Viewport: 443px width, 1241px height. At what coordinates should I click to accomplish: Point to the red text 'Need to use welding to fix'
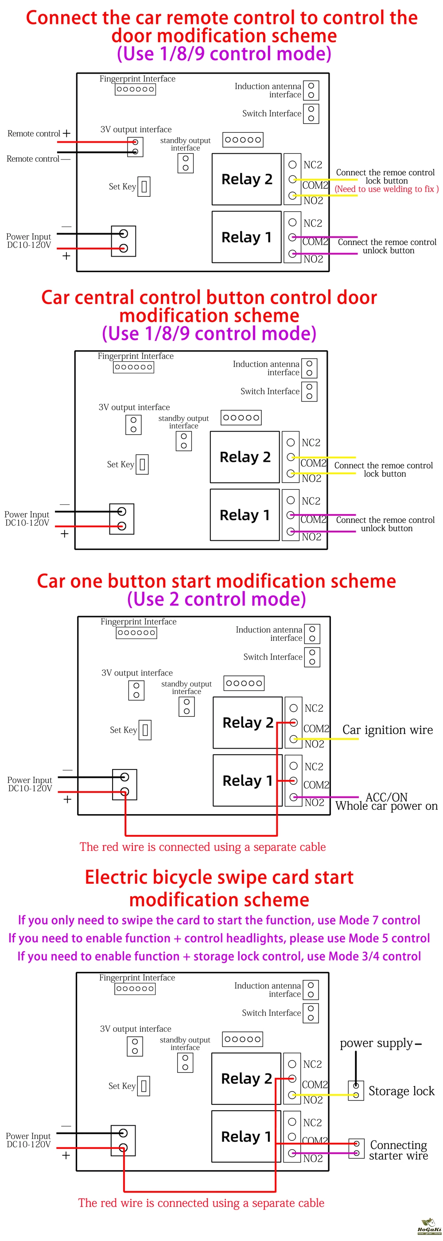[x=387, y=189]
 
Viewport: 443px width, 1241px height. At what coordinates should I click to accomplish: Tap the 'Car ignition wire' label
[x=388, y=730]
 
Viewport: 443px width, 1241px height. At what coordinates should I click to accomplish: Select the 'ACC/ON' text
[x=386, y=797]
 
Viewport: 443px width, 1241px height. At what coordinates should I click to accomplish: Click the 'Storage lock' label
[x=401, y=1091]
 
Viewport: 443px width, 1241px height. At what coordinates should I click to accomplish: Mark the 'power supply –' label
[x=381, y=1043]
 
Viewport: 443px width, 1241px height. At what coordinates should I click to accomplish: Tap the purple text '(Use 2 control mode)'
[x=216, y=599]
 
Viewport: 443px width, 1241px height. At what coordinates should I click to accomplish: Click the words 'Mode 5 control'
[x=389, y=938]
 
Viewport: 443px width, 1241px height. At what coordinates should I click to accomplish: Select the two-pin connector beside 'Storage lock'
[x=356, y=1091]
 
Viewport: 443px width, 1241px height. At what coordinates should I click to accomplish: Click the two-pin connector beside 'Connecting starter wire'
[x=356, y=1148]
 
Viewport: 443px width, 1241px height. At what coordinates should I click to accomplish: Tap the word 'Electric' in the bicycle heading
[x=116, y=877]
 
